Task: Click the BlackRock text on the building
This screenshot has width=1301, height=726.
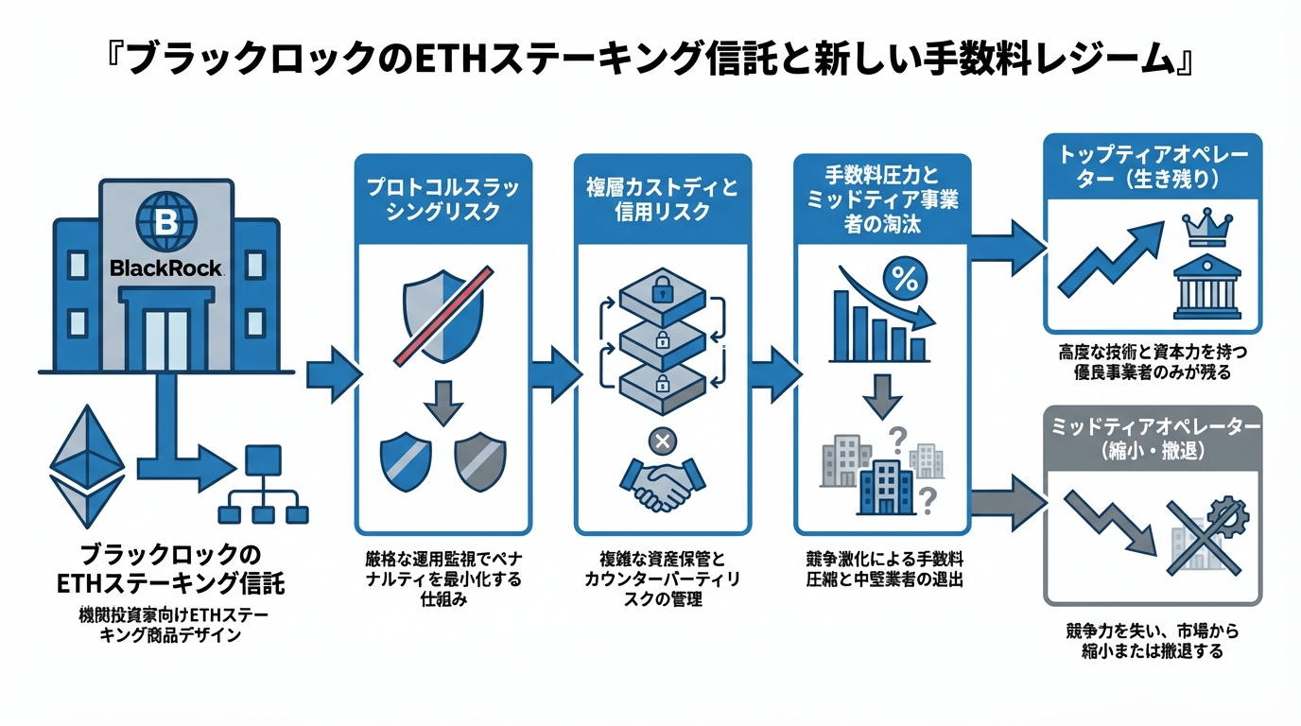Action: coord(165,268)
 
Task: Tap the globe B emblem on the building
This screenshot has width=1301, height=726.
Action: coord(165,221)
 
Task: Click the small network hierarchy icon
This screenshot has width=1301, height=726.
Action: coord(263,485)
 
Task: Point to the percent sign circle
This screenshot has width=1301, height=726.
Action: coord(904,280)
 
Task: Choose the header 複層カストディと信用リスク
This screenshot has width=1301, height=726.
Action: coord(661,199)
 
